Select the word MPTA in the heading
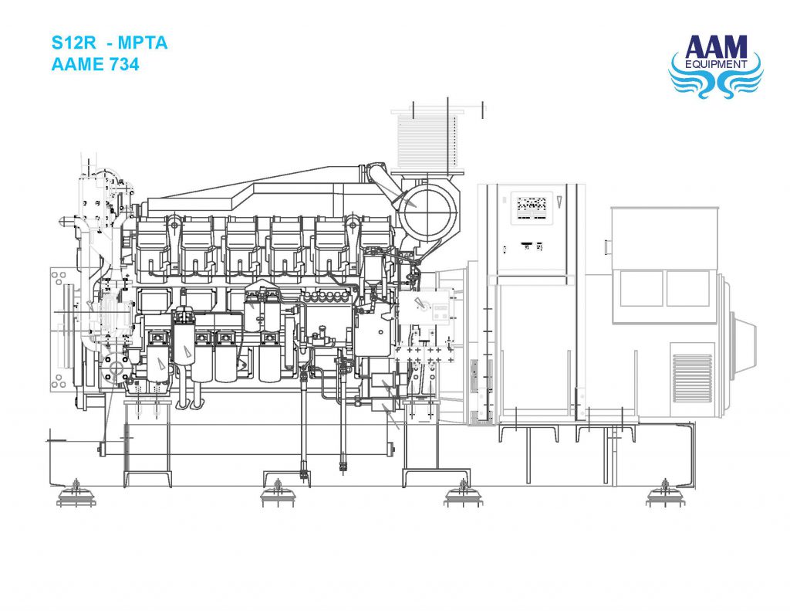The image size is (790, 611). [x=143, y=42]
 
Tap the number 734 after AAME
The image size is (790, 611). [x=123, y=65]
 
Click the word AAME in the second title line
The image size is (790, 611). [x=77, y=65]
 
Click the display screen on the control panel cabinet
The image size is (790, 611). [x=531, y=205]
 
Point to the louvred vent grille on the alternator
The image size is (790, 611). [x=691, y=375]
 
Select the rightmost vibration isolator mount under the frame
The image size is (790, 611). [x=664, y=493]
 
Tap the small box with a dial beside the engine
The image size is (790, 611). [x=434, y=309]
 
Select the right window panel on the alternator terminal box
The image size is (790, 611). [x=687, y=288]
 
